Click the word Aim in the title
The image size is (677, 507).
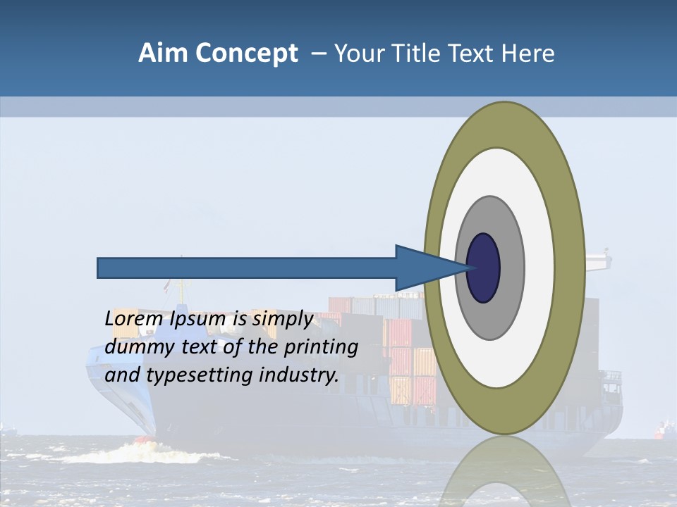click(x=163, y=54)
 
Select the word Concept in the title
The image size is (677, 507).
click(x=246, y=54)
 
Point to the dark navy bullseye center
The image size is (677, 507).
click(x=484, y=268)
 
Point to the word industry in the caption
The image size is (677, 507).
click(x=299, y=375)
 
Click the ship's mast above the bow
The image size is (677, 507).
click(x=181, y=282)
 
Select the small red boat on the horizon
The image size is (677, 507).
click(x=662, y=429)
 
